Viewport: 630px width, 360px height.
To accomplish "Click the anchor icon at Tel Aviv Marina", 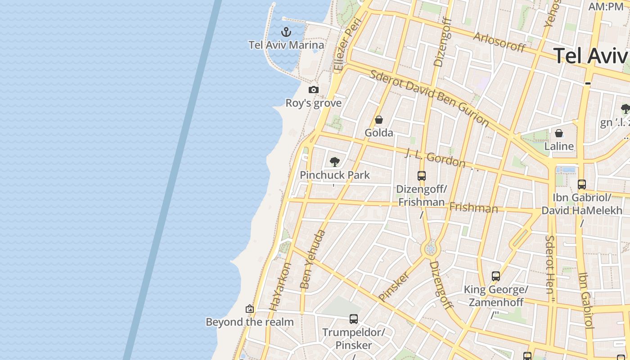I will pyautogui.click(x=286, y=32).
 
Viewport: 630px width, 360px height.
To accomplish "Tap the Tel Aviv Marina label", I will pyautogui.click(x=286, y=45).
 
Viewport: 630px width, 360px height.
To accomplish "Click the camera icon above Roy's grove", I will pyautogui.click(x=314, y=90).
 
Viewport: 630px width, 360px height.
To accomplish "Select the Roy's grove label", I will pyautogui.click(x=314, y=103).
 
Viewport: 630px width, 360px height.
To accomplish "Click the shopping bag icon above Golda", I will pyautogui.click(x=379, y=120).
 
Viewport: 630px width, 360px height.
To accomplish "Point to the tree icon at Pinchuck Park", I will pyautogui.click(x=334, y=162).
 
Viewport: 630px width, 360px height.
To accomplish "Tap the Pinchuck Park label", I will pyautogui.click(x=335, y=175).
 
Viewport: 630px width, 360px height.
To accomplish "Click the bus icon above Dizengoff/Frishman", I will pyautogui.click(x=422, y=176).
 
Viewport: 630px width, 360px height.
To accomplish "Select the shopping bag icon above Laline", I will pyautogui.click(x=559, y=133).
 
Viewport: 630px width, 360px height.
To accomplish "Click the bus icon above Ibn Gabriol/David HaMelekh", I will pyautogui.click(x=582, y=184).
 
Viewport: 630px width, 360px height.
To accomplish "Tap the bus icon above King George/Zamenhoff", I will pyautogui.click(x=496, y=276).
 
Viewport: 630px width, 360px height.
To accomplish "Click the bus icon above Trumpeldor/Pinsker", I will pyautogui.click(x=354, y=319).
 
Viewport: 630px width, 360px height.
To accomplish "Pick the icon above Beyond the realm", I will pyautogui.click(x=250, y=309).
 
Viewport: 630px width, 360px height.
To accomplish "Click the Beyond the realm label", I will pyautogui.click(x=250, y=322).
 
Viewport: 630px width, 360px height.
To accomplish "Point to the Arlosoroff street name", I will pyautogui.click(x=499, y=42).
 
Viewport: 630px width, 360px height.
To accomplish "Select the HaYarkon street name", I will pyautogui.click(x=281, y=287).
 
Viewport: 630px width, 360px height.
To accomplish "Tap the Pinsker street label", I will pyautogui.click(x=394, y=286).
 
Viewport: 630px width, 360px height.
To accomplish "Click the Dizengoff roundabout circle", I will pyautogui.click(x=431, y=249).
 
